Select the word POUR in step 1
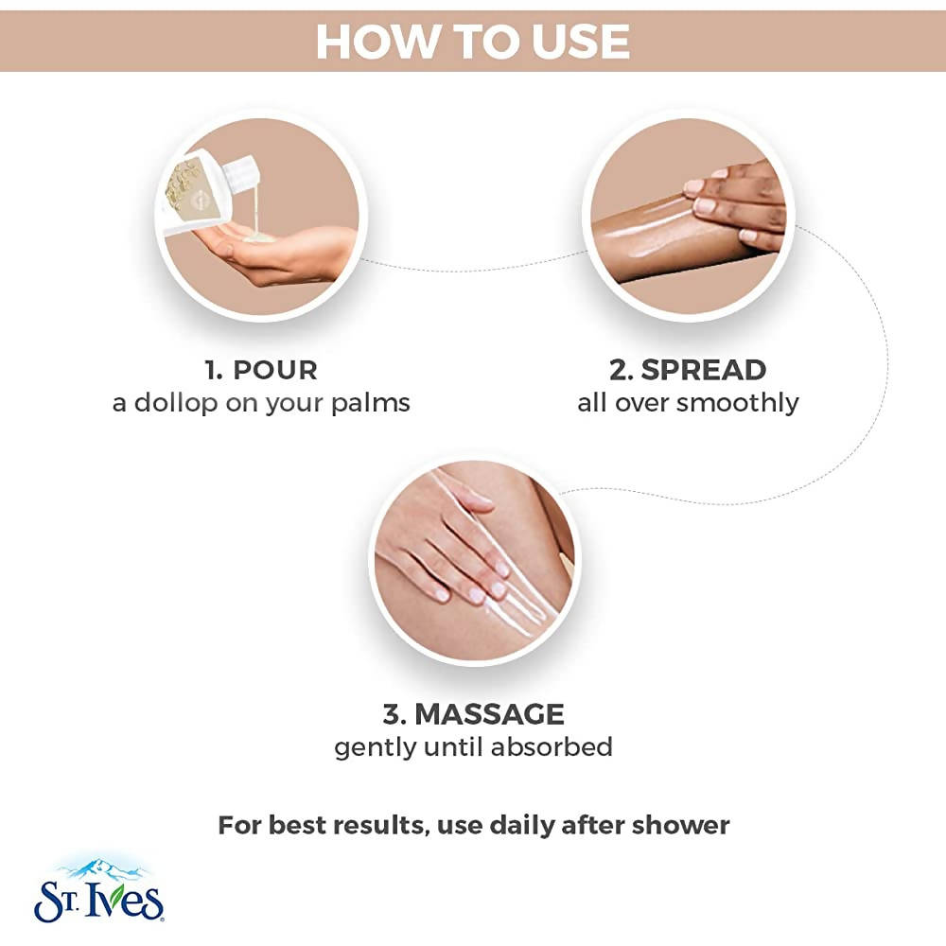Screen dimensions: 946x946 coord(275,370)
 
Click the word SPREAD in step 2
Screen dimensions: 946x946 coord(704,370)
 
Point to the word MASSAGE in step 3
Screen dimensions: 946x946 coord(489,714)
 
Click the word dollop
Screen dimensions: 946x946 coord(176,403)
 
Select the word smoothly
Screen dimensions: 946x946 coord(738,403)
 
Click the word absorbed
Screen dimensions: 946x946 coord(552,747)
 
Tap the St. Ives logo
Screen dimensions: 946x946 coord(99,891)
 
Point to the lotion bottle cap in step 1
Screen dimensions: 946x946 coord(242,171)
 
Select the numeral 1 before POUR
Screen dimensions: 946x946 coord(213,371)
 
